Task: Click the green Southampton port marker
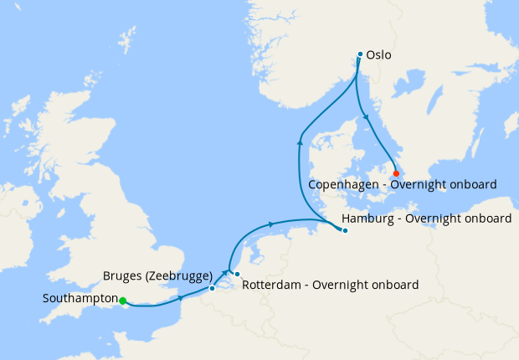pos(122,301)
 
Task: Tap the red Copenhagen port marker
pos(396,173)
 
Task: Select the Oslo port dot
pos(360,54)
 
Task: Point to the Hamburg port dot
pos(345,231)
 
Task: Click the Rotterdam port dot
pos(237,275)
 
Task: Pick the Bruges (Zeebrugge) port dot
pos(212,288)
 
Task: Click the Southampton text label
pos(80,298)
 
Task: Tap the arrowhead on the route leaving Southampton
pos(180,297)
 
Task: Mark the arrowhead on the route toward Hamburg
pos(270,224)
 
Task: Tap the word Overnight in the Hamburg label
pos(432,219)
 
